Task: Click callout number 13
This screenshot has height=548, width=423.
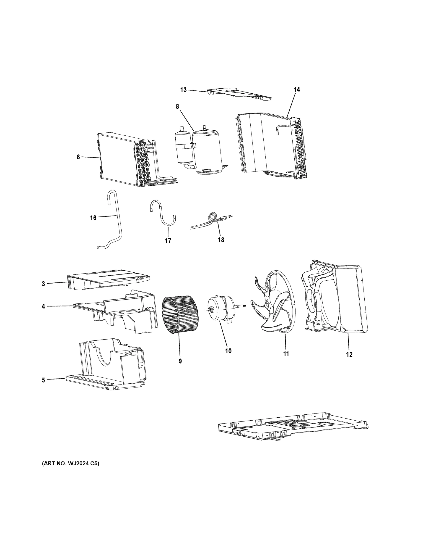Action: [x=183, y=90]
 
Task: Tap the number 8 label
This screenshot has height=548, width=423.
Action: [x=177, y=107]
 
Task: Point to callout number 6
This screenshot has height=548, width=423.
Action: [x=78, y=157]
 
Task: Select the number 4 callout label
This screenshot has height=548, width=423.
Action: [x=43, y=306]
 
